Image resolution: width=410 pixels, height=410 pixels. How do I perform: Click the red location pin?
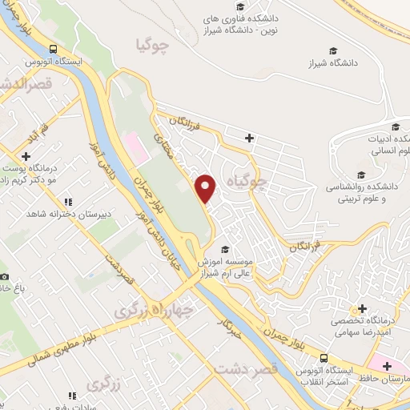(207, 189)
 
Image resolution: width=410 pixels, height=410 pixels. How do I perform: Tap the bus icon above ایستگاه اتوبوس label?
(53, 46)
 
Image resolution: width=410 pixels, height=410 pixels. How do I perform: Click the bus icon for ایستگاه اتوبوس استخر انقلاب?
(324, 357)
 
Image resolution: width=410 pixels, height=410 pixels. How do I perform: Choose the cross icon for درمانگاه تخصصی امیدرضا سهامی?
(363, 308)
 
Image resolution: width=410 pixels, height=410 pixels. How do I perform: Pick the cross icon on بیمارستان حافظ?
(387, 366)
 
